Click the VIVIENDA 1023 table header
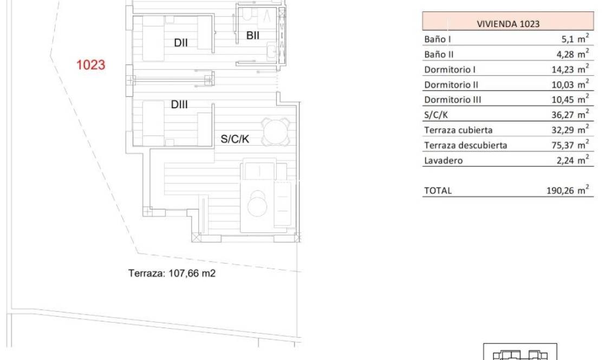(508, 24)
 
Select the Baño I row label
(438, 40)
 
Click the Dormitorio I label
(450, 69)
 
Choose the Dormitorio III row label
(452, 100)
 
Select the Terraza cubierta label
(458, 130)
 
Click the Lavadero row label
(443, 160)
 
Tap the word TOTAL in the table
(438, 191)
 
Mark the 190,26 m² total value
(567, 191)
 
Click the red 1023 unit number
(90, 65)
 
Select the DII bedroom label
(181, 43)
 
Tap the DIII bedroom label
(179, 105)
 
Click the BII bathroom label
(252, 36)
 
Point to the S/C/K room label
(235, 139)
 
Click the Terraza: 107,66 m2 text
(172, 273)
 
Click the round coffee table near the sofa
(257, 204)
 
